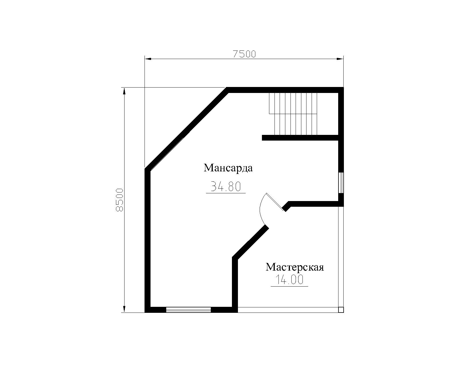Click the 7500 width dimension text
point(244,54)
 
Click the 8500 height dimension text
point(119,200)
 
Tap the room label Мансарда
point(228,168)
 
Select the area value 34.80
point(226,187)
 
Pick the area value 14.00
point(289,280)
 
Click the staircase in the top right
point(293,114)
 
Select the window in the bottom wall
point(188,310)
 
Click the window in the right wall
point(341,183)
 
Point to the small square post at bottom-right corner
point(341,310)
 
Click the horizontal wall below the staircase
point(300,138)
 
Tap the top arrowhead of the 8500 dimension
point(124,91)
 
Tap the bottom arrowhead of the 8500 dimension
point(124,309)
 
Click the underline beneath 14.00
point(289,287)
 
